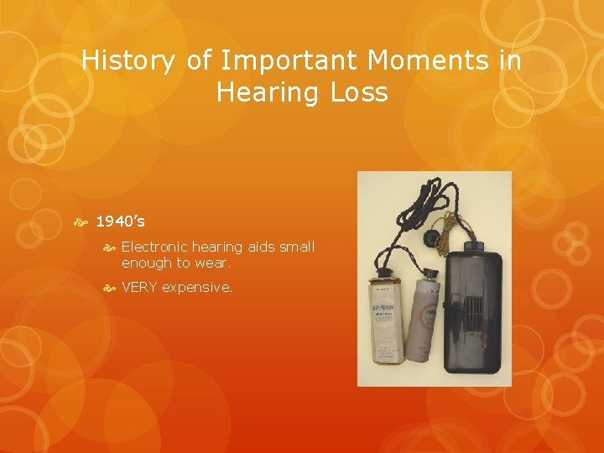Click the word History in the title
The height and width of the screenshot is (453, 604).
[x=127, y=61]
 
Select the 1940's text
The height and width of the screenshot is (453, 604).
[x=120, y=221]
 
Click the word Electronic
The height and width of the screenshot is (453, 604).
[x=154, y=247]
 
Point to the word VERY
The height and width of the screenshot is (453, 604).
[x=139, y=288]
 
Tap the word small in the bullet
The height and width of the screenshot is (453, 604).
[x=298, y=247]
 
